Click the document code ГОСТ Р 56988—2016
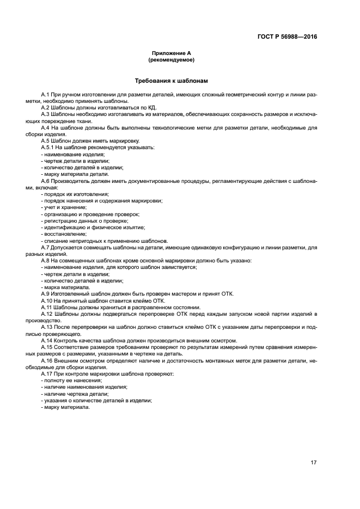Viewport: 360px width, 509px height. (x=288, y=37)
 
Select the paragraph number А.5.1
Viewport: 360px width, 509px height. (x=48, y=148)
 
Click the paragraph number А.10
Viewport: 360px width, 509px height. (x=48, y=301)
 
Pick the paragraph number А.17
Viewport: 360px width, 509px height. (x=48, y=374)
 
